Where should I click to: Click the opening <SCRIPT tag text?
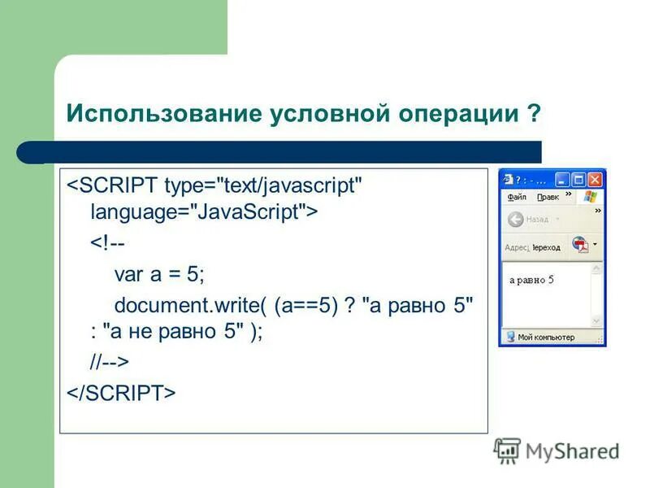point(113,185)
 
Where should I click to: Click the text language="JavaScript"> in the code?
point(204,213)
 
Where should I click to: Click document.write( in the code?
point(190,305)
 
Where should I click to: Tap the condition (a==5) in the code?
point(305,305)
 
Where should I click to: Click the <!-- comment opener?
point(106,244)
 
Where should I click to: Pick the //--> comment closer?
point(110,361)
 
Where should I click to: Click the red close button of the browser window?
point(596,180)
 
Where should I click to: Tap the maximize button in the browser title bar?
point(578,180)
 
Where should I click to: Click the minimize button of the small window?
point(562,180)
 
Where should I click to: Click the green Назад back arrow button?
point(515,220)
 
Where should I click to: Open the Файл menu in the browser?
point(517,197)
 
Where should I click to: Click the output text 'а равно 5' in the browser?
point(531,280)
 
